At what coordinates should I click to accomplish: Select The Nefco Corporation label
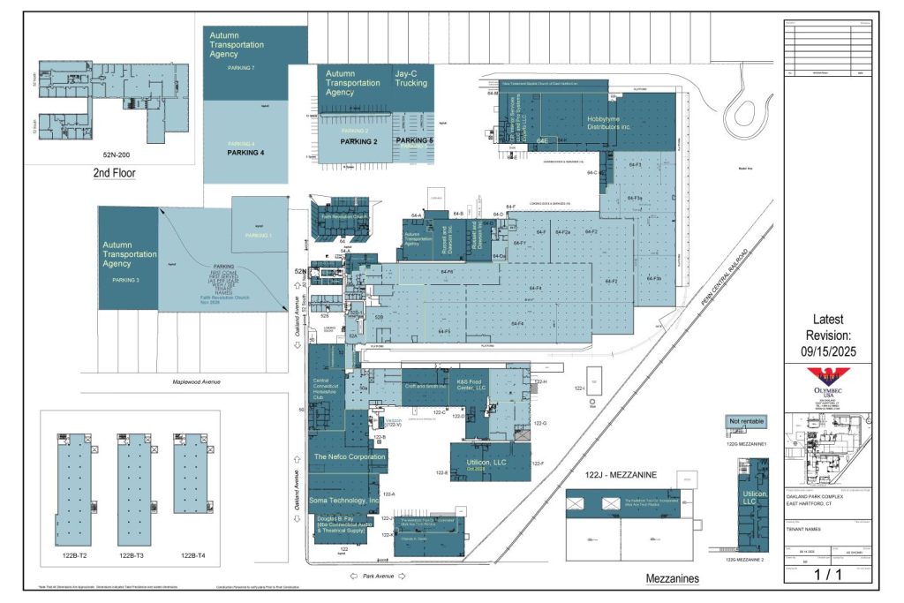350,457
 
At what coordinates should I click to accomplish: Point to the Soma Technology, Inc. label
343,501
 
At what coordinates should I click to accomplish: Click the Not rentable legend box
746,420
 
